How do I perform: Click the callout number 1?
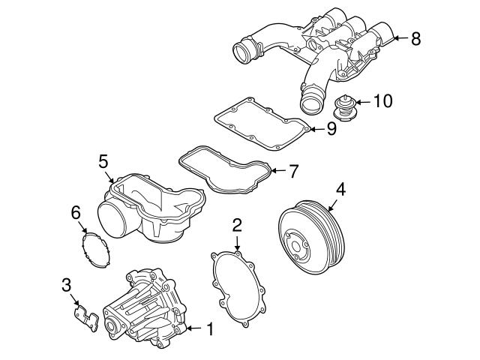211,328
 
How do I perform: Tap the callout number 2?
237,224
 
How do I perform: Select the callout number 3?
67,284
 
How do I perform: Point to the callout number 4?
340,190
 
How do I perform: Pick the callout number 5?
104,160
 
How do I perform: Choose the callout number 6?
76,213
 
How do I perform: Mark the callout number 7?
294,171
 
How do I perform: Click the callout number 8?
416,37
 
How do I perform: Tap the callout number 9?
331,129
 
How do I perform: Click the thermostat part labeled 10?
344,107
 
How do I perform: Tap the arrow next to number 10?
361,100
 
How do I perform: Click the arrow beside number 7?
277,171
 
